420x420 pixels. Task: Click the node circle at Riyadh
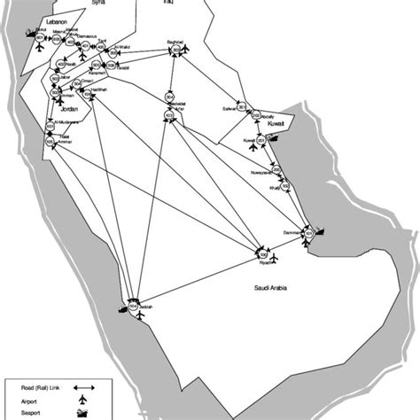[263, 250]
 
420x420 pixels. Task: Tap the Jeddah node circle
[134, 306]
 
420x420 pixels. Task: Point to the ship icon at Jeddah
[121, 311]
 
